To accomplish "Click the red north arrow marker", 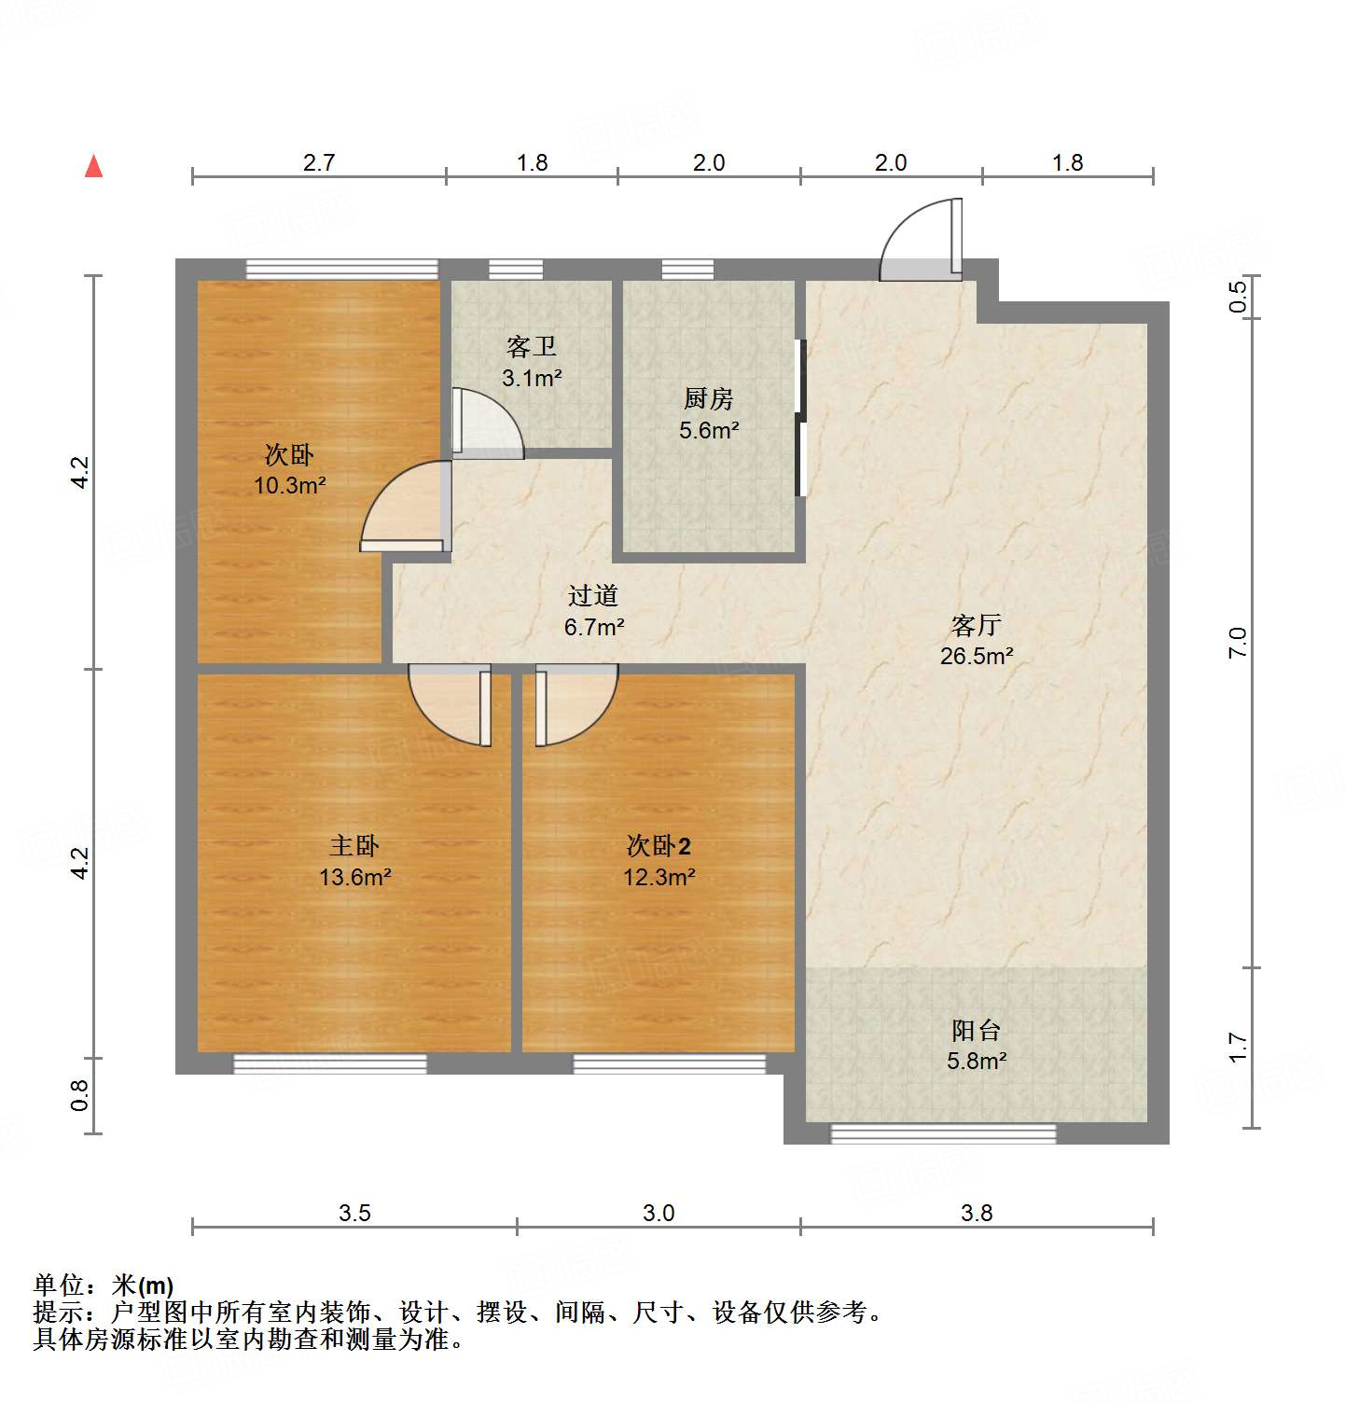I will coord(93,166).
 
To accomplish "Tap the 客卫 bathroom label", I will coord(532,347).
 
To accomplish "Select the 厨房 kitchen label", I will coord(709,399).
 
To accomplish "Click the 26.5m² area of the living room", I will coord(977,656).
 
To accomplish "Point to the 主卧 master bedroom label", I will coord(354,846).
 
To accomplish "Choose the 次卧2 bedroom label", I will coord(659,846).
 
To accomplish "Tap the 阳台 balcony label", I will coord(977,1030).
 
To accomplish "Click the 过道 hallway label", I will coord(593,595).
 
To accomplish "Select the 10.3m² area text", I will coord(290,485).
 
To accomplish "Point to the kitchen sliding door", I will coord(799,417).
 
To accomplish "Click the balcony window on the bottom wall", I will coord(943,1133).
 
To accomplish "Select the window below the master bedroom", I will coord(329,1063).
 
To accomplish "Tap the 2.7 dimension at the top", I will coord(319,162).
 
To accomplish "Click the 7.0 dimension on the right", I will coord(1237,643).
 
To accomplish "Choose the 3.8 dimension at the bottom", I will coord(977,1213).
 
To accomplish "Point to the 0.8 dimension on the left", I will coord(80,1095).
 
